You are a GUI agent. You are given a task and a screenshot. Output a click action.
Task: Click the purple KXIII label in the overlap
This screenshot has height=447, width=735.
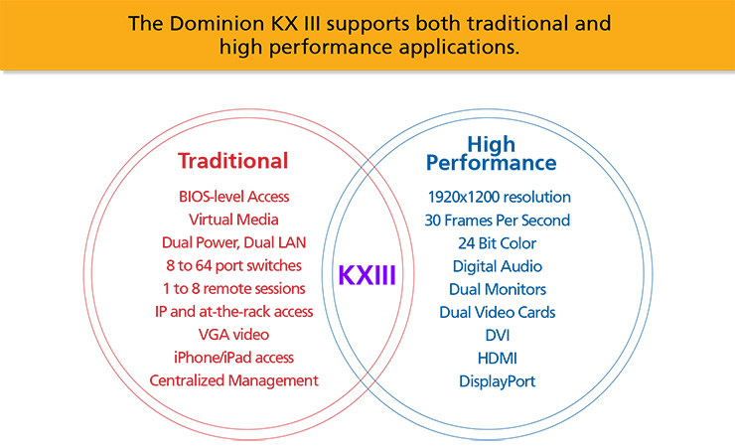367,274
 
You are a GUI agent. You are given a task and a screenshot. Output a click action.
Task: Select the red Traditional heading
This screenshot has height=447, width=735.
232,160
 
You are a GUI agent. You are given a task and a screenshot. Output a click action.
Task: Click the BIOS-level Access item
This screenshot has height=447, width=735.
232,197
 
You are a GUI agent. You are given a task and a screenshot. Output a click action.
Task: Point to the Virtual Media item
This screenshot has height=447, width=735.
232,220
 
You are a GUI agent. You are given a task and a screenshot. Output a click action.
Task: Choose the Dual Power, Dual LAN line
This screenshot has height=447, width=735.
232,242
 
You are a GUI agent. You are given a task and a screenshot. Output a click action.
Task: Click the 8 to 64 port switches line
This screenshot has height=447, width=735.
232,265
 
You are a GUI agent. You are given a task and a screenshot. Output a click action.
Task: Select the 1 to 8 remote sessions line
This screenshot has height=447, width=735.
232,288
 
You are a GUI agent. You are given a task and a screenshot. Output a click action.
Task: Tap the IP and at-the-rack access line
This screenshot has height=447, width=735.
232,311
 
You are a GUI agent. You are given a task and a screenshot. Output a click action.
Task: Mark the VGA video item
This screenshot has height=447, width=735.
232,334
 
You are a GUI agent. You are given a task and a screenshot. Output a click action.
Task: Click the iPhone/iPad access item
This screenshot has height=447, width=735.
232,357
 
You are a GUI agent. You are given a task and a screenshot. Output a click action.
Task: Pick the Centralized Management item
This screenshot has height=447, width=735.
232,379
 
